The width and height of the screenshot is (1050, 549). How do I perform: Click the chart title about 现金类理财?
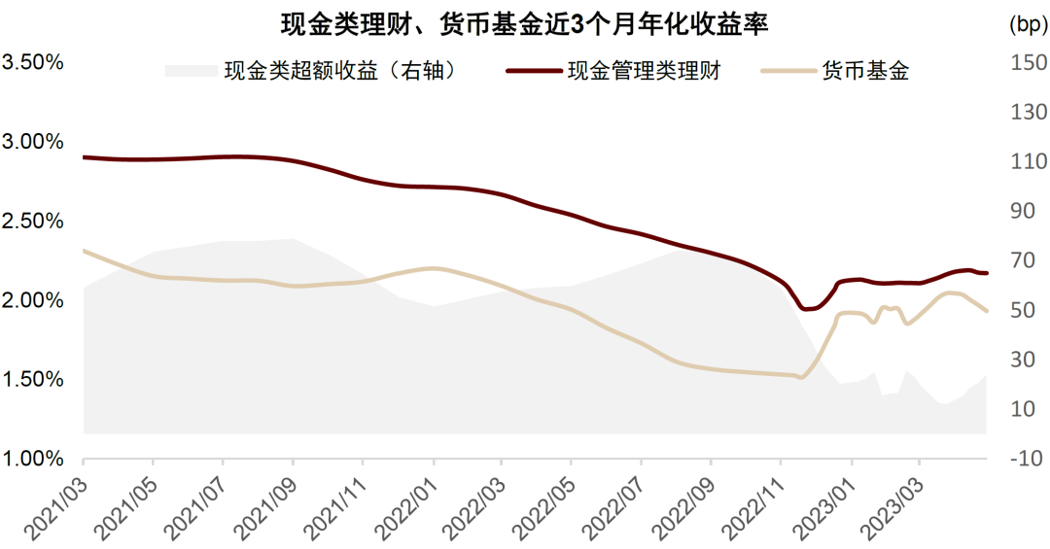pyautogui.click(x=524, y=24)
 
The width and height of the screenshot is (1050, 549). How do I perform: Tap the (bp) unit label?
pyautogui.click(x=1028, y=24)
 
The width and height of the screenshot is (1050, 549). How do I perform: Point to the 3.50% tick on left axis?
pyautogui.click(x=32, y=62)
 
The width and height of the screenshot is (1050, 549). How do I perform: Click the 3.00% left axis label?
pyautogui.click(x=32, y=141)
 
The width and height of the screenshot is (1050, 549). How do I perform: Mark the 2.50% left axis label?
pyautogui.click(x=32, y=221)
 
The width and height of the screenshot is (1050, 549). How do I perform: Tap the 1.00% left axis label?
pyautogui.click(x=32, y=459)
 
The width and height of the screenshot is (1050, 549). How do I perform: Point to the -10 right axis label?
pyautogui.click(x=1028, y=459)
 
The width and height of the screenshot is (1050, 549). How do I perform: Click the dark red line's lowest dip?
pyautogui.click(x=805, y=309)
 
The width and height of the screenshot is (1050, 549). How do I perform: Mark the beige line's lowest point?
pyautogui.click(x=799, y=378)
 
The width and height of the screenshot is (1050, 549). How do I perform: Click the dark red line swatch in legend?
pyautogui.click(x=534, y=70)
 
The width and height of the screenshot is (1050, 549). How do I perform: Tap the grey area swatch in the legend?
pyautogui.click(x=192, y=70)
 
